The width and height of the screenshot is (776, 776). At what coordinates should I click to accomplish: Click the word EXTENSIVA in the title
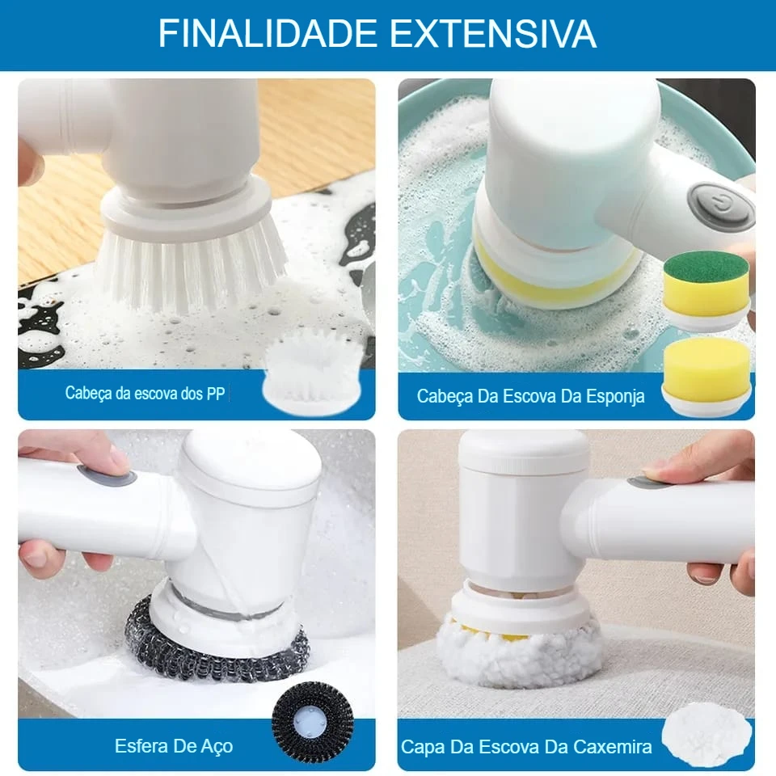click(x=493, y=34)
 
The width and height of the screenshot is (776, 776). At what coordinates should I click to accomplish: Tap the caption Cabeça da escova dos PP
click(x=145, y=394)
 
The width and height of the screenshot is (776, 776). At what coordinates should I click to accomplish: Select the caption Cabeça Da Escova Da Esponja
click(x=530, y=396)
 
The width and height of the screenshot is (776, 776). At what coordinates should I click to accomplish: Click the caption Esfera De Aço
click(x=174, y=745)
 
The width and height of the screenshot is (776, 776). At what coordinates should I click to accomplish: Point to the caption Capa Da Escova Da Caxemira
click(x=526, y=747)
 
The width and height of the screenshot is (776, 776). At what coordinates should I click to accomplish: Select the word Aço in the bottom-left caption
click(x=216, y=745)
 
